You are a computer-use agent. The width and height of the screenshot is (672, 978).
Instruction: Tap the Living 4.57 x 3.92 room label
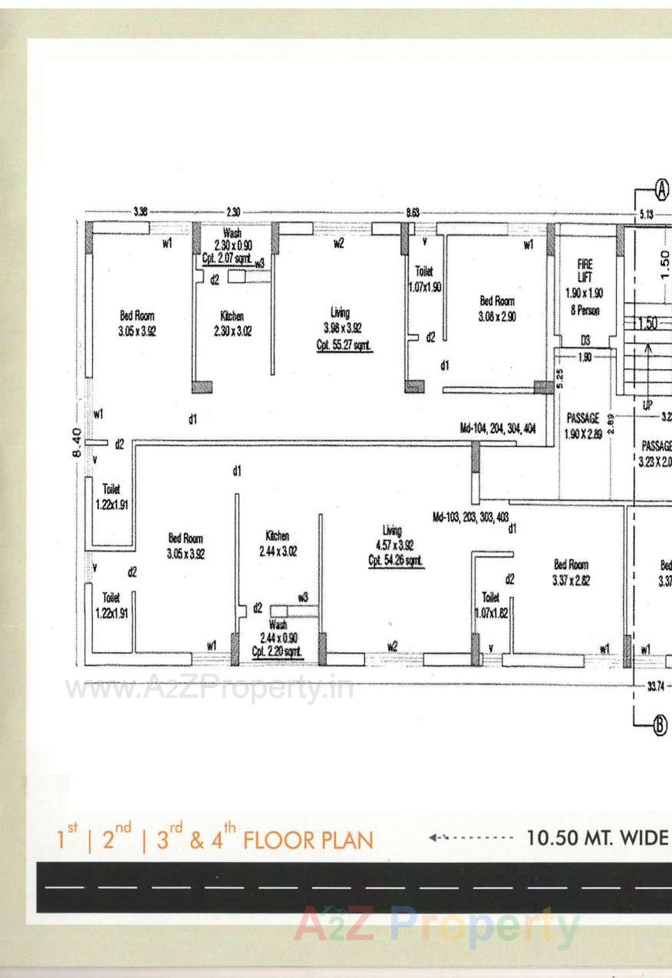click(x=395, y=545)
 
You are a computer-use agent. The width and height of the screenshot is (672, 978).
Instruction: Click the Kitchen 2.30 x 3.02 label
click(x=232, y=324)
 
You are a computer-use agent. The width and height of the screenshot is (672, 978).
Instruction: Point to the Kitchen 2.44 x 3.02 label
click(x=277, y=543)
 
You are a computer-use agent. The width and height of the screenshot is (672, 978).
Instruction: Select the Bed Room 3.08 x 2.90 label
click(x=497, y=309)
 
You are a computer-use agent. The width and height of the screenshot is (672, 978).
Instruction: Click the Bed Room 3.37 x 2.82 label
click(x=571, y=572)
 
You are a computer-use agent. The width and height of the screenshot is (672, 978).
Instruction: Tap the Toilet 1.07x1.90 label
click(x=425, y=279)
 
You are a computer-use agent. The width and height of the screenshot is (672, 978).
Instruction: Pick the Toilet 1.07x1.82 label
click(x=491, y=605)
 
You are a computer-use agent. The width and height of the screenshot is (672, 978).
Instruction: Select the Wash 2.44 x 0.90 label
click(x=278, y=638)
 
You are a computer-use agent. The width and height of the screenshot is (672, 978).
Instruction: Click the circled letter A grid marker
click(x=662, y=189)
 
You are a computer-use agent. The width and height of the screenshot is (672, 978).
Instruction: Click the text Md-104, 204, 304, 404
click(x=498, y=428)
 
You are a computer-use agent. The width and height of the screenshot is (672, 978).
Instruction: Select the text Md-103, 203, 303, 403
click(x=471, y=516)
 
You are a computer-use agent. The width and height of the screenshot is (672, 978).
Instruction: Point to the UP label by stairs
click(x=648, y=405)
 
